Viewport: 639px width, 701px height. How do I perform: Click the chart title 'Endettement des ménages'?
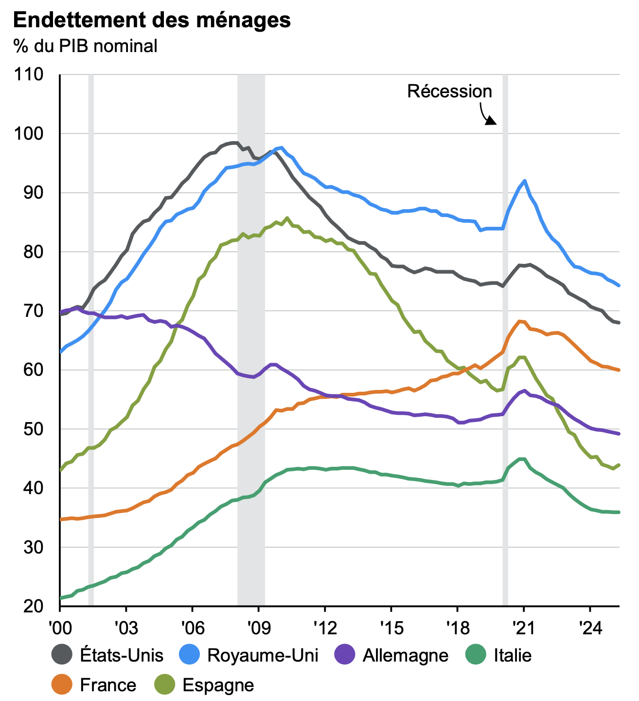click(152, 20)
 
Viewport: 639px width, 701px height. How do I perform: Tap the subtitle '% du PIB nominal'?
click(85, 46)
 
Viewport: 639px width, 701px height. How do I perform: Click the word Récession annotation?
click(449, 92)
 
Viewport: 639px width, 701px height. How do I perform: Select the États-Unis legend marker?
click(62, 655)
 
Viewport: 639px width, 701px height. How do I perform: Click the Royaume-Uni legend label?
click(263, 655)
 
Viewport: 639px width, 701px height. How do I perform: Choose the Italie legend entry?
click(513, 655)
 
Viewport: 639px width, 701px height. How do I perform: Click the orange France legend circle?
click(62, 685)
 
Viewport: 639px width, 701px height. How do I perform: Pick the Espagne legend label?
click(218, 685)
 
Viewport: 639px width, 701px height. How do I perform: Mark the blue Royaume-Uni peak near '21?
click(524, 181)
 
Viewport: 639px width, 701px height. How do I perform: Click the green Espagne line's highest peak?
click(287, 218)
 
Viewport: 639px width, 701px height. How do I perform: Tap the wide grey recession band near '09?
click(251, 341)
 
